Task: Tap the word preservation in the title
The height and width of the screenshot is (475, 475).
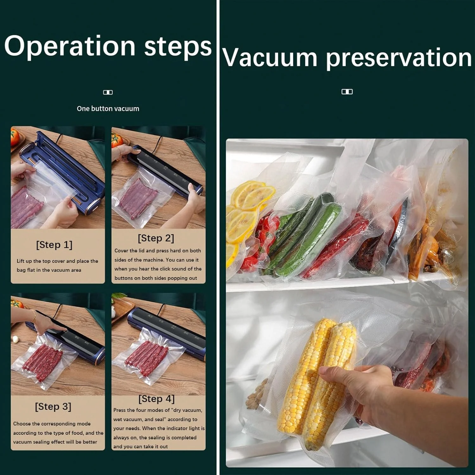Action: click(x=399, y=58)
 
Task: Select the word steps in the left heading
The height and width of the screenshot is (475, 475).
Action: click(x=178, y=47)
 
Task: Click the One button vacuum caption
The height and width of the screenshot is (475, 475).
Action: click(x=108, y=109)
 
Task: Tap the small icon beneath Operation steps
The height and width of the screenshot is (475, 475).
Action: click(x=108, y=92)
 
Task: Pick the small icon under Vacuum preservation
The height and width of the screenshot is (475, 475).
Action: click(x=347, y=92)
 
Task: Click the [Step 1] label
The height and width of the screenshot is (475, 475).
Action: click(x=54, y=245)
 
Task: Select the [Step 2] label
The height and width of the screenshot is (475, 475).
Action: click(x=156, y=238)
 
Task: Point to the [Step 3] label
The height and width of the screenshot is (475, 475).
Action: click(x=53, y=407)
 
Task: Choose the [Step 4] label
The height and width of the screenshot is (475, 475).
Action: click(x=156, y=399)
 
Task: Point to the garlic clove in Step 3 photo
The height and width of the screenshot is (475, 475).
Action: click(x=15, y=339)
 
